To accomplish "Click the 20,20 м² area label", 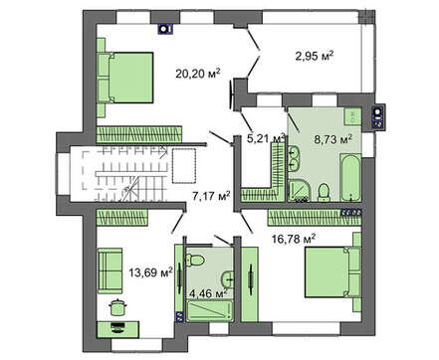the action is [x=198, y=74].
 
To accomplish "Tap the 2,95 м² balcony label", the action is [x=315, y=56].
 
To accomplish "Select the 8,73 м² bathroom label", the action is [x=332, y=140].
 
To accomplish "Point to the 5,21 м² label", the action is [x=266, y=138].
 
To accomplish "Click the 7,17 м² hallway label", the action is [x=211, y=197].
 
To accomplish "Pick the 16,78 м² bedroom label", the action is [x=294, y=239].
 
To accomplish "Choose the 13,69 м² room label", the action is [x=151, y=272].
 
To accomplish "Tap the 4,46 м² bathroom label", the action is [x=208, y=293].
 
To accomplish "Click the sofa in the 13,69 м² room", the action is [x=110, y=270].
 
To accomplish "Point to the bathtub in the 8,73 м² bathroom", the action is [x=350, y=178].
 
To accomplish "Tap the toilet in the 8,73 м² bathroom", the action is [x=324, y=193].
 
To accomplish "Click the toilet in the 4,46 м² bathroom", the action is [x=195, y=260].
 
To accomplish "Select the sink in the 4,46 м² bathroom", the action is [x=227, y=279].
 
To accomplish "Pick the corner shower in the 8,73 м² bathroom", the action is [x=299, y=191].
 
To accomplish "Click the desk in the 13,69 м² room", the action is [x=118, y=329].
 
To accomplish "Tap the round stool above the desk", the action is [x=116, y=307].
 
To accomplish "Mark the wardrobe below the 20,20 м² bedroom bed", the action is [x=139, y=134].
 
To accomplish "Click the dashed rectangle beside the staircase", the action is [x=184, y=166].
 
